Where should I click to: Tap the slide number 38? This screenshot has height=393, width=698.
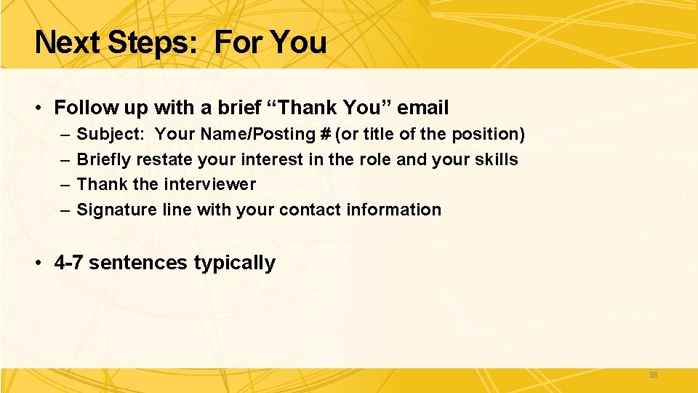pyautogui.click(x=652, y=376)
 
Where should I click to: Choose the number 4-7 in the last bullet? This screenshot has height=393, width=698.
pyautogui.click(x=69, y=263)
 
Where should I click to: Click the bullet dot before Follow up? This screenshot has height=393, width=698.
pyautogui.click(x=39, y=108)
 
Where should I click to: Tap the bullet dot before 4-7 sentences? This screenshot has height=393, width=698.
pyautogui.click(x=39, y=263)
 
